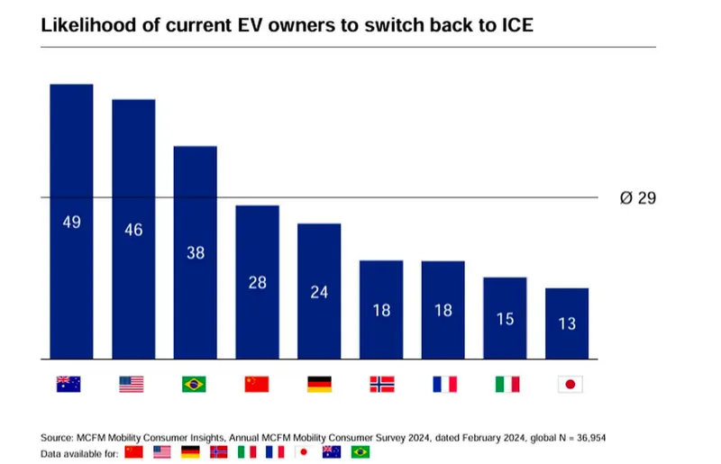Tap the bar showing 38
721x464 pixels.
click(195, 252)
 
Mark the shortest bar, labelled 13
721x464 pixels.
click(567, 323)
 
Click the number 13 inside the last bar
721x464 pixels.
click(567, 323)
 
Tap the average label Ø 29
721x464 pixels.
click(637, 198)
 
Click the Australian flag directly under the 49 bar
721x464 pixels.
click(68, 384)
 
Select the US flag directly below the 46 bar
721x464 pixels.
click(131, 384)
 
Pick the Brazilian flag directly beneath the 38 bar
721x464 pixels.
click(193, 384)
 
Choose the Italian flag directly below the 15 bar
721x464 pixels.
click(507, 384)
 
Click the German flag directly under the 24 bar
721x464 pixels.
click(320, 384)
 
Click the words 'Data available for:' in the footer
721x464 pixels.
click(79, 452)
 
